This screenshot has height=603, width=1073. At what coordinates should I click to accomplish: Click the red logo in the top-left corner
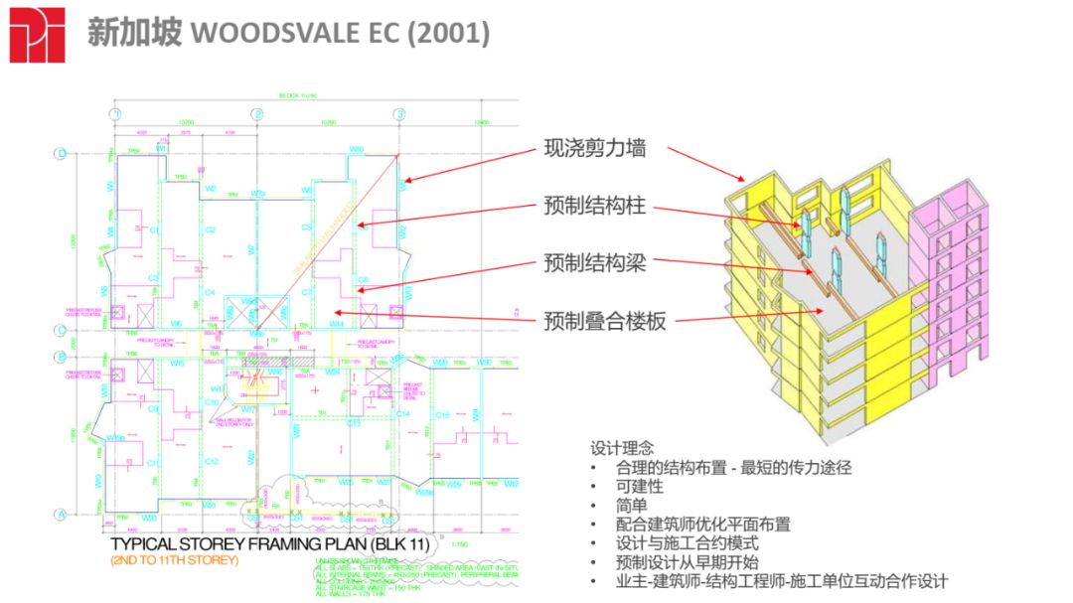(x=37, y=35)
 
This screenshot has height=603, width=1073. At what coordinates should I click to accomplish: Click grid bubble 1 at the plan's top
(x=116, y=114)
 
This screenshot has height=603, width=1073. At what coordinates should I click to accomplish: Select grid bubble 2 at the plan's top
(x=257, y=114)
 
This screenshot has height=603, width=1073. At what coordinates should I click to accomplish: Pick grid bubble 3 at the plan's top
(x=399, y=114)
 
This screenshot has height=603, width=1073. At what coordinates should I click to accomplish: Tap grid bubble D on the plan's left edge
(x=60, y=154)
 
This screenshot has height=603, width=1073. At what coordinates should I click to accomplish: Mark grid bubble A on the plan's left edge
(x=60, y=514)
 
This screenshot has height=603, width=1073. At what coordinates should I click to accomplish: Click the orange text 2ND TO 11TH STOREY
(x=175, y=560)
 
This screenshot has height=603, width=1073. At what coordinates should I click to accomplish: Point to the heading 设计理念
(x=622, y=448)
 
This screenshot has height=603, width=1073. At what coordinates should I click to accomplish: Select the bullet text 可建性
(x=640, y=487)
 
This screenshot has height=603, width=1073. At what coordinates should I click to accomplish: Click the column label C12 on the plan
(x=212, y=461)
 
